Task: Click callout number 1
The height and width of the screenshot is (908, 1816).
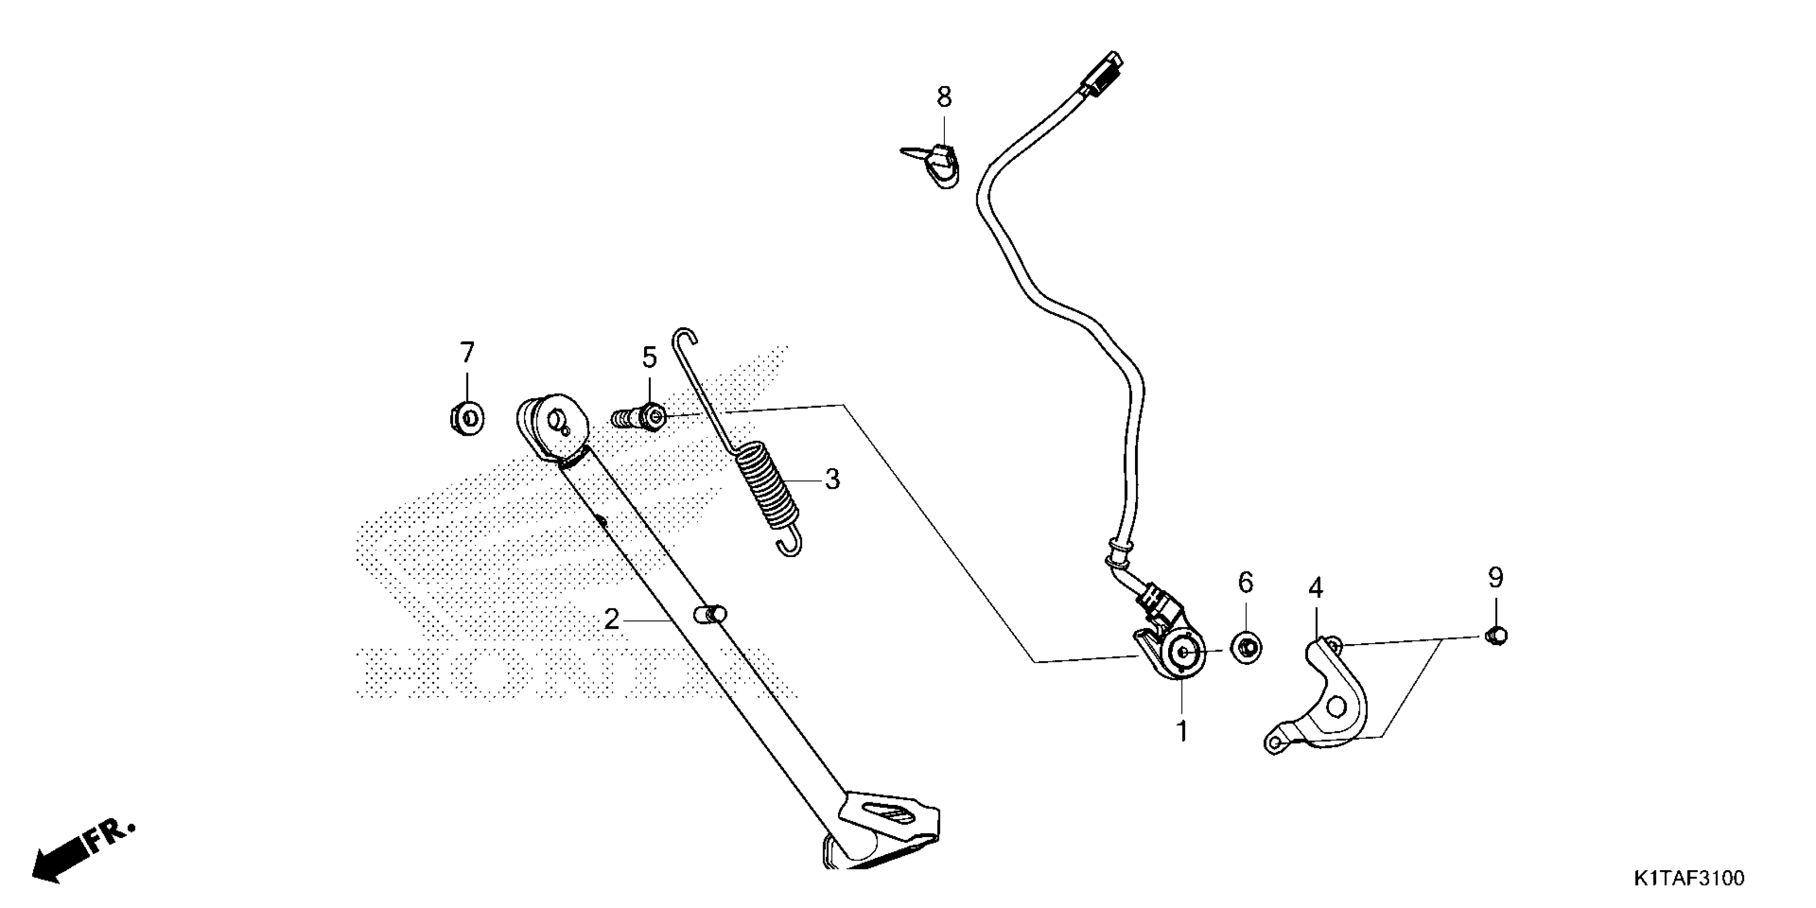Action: pos(1182,732)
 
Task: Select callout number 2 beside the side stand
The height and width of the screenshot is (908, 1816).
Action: pos(611,620)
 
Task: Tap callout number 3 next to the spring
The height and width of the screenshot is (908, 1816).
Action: pos(833,480)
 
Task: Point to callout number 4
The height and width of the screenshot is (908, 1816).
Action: pos(1316,588)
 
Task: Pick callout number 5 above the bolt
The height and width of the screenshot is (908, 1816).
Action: pos(649,357)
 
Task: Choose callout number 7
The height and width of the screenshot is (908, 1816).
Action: pos(467,352)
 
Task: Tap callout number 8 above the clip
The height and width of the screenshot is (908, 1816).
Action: pos(944,97)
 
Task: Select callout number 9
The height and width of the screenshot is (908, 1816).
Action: pos(1495,578)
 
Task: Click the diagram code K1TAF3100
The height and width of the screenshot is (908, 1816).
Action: pos(1688,879)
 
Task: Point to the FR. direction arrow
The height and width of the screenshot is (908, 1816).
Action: pos(81,855)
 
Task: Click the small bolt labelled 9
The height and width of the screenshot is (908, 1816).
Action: pos(1495,636)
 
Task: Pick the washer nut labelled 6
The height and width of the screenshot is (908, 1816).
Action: pos(1246,647)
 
